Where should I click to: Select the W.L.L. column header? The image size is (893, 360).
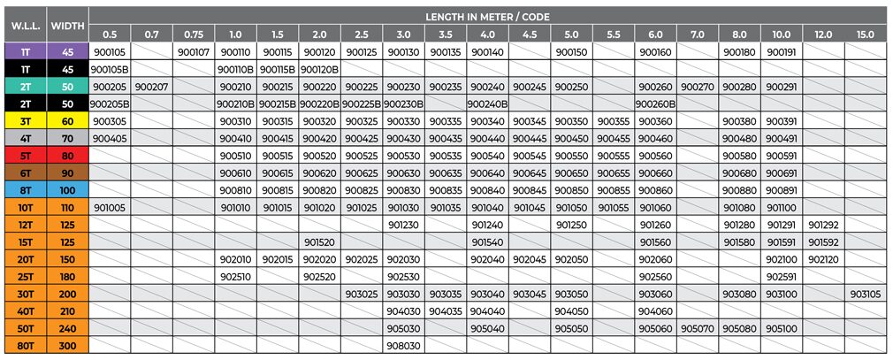[23, 25]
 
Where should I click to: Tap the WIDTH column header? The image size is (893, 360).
[67, 25]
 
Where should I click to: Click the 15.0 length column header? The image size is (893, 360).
[866, 34]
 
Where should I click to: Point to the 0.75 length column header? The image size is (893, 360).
[194, 34]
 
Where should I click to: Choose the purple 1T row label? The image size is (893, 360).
[25, 52]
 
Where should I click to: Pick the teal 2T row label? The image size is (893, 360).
[25, 87]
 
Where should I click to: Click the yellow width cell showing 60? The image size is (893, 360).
[68, 121]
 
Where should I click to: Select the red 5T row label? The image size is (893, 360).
[25, 156]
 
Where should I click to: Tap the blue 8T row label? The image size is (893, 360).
[25, 190]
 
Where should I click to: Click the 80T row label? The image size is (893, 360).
[25, 346]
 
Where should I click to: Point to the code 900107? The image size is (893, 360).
[194, 52]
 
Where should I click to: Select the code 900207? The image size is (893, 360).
[152, 87]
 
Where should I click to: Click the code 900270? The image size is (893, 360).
[697, 87]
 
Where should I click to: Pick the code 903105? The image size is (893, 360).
[866, 294]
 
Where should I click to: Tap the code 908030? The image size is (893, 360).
[403, 346]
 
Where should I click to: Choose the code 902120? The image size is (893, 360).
[822, 259]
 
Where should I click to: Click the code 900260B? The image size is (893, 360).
[655, 103]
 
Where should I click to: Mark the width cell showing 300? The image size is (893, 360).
[68, 346]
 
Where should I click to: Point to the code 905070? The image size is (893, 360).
[697, 328]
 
